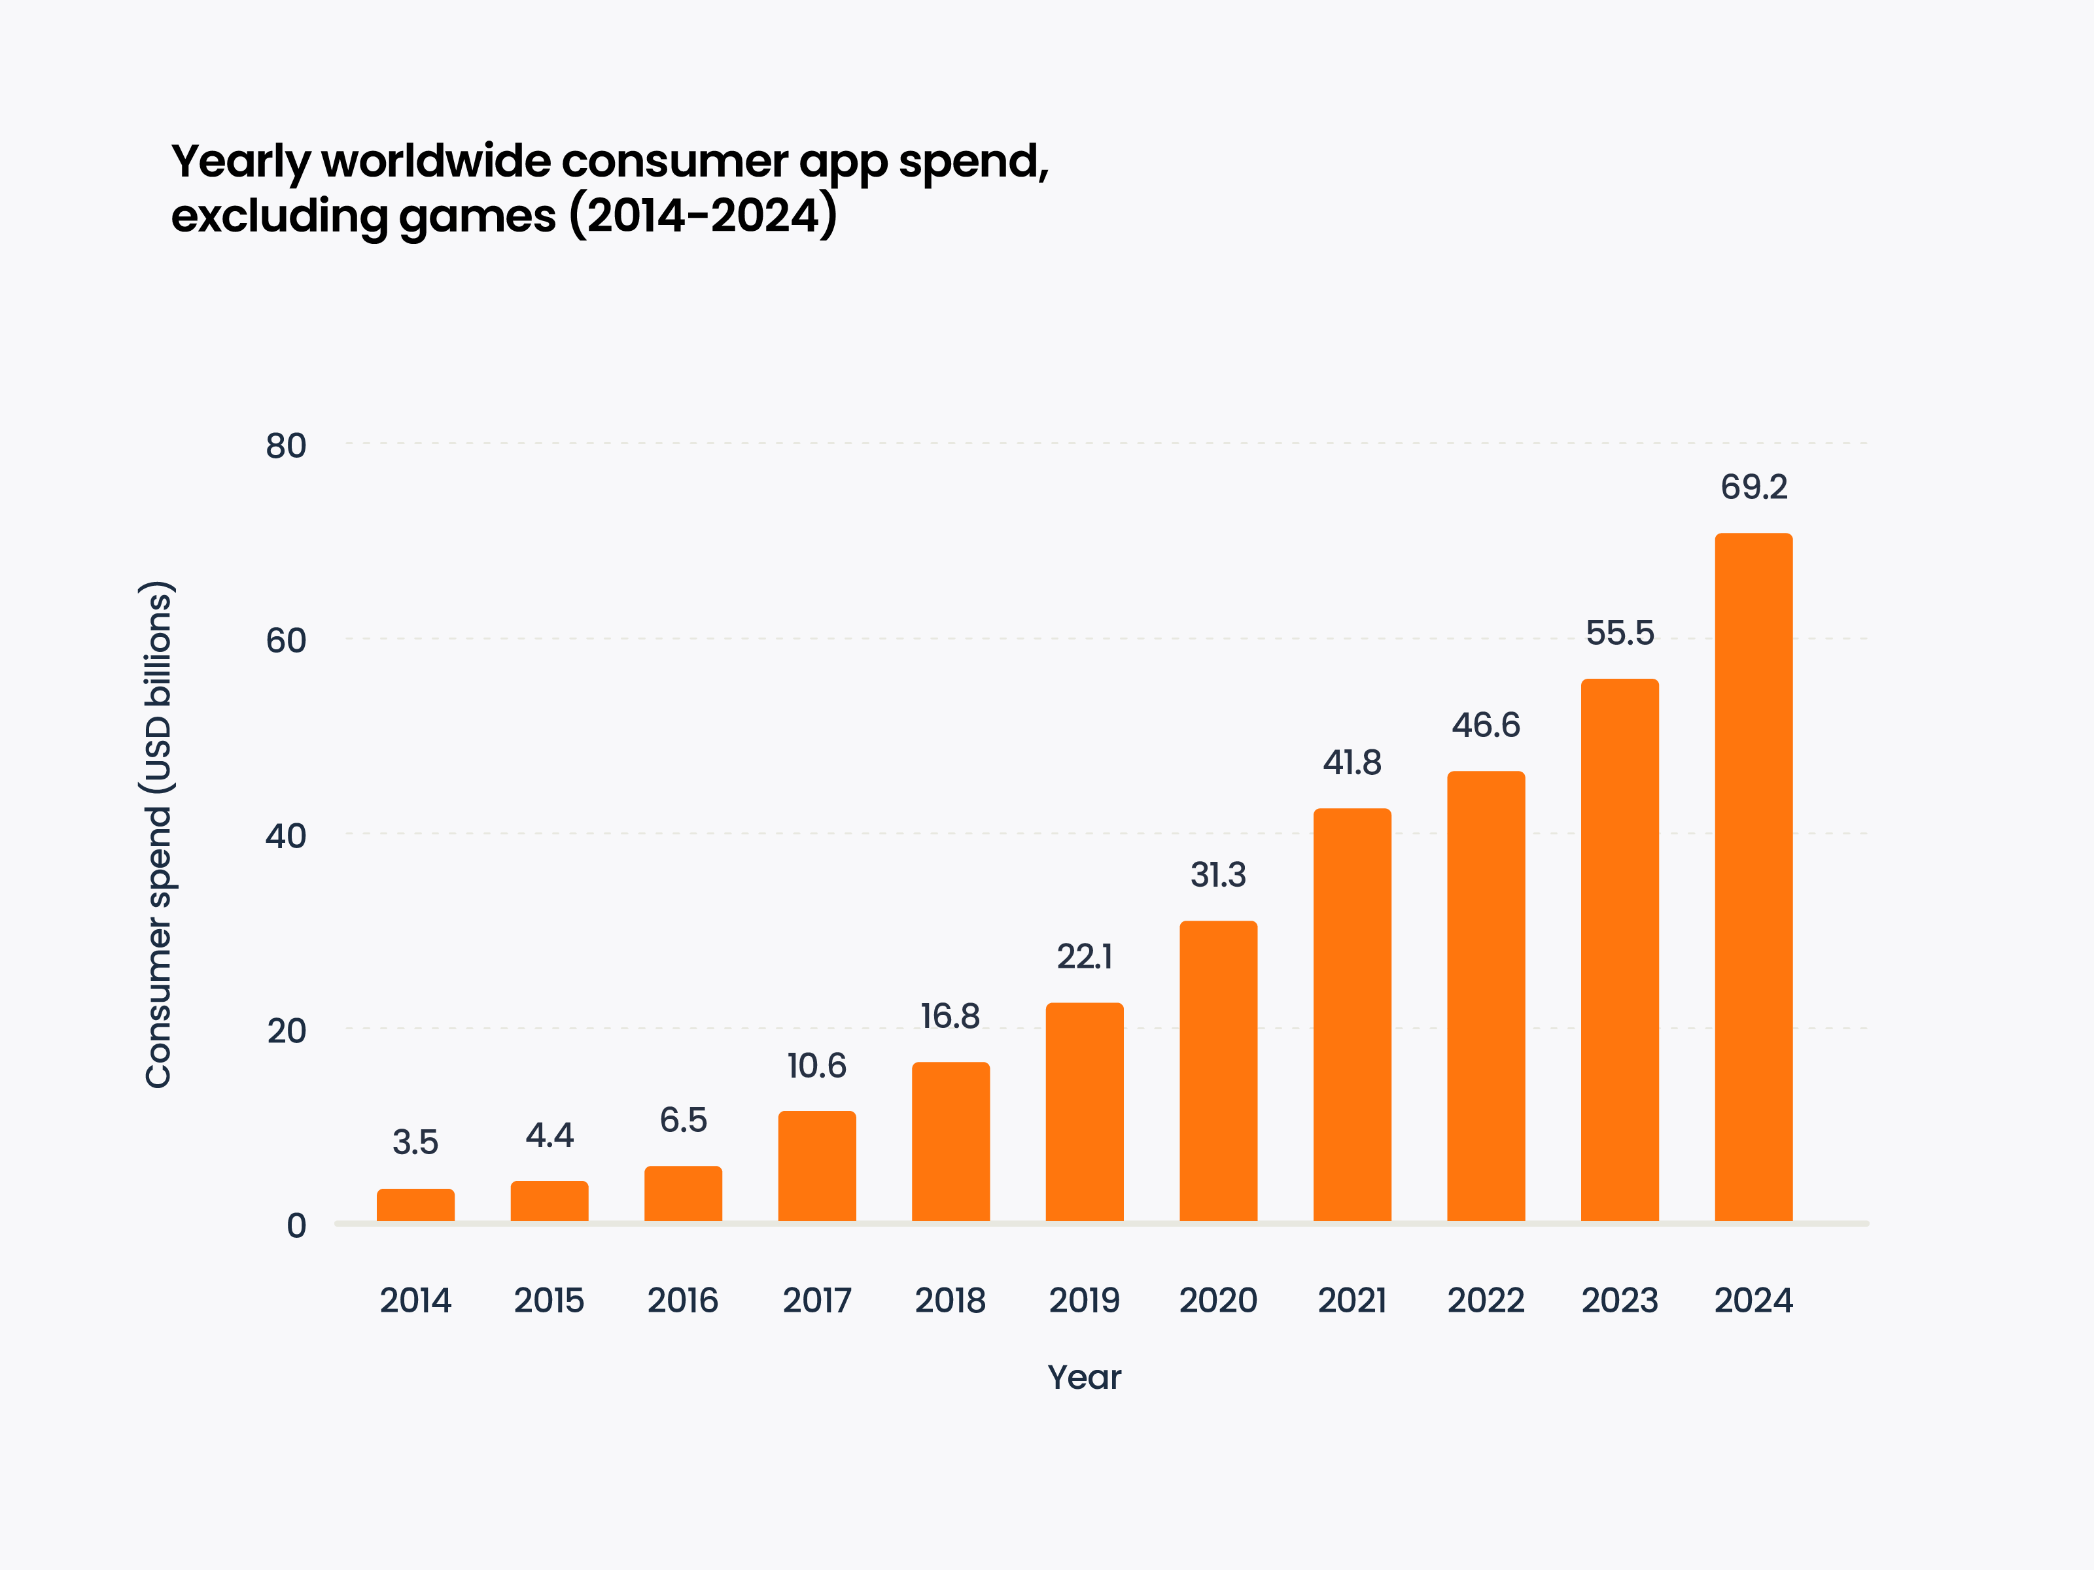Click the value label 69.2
[x=1753, y=487]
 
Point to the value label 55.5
[x=1620, y=633]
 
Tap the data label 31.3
[x=1218, y=876]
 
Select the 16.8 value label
[x=951, y=1016]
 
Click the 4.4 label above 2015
[x=549, y=1136]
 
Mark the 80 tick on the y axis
[x=286, y=446]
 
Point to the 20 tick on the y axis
[x=286, y=1031]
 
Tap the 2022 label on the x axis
[x=1486, y=1301]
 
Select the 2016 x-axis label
[x=682, y=1301]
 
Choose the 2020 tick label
[x=1218, y=1301]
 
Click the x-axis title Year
[x=1084, y=1377]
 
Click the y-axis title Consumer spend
[x=159, y=834]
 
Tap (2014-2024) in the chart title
[x=703, y=216]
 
